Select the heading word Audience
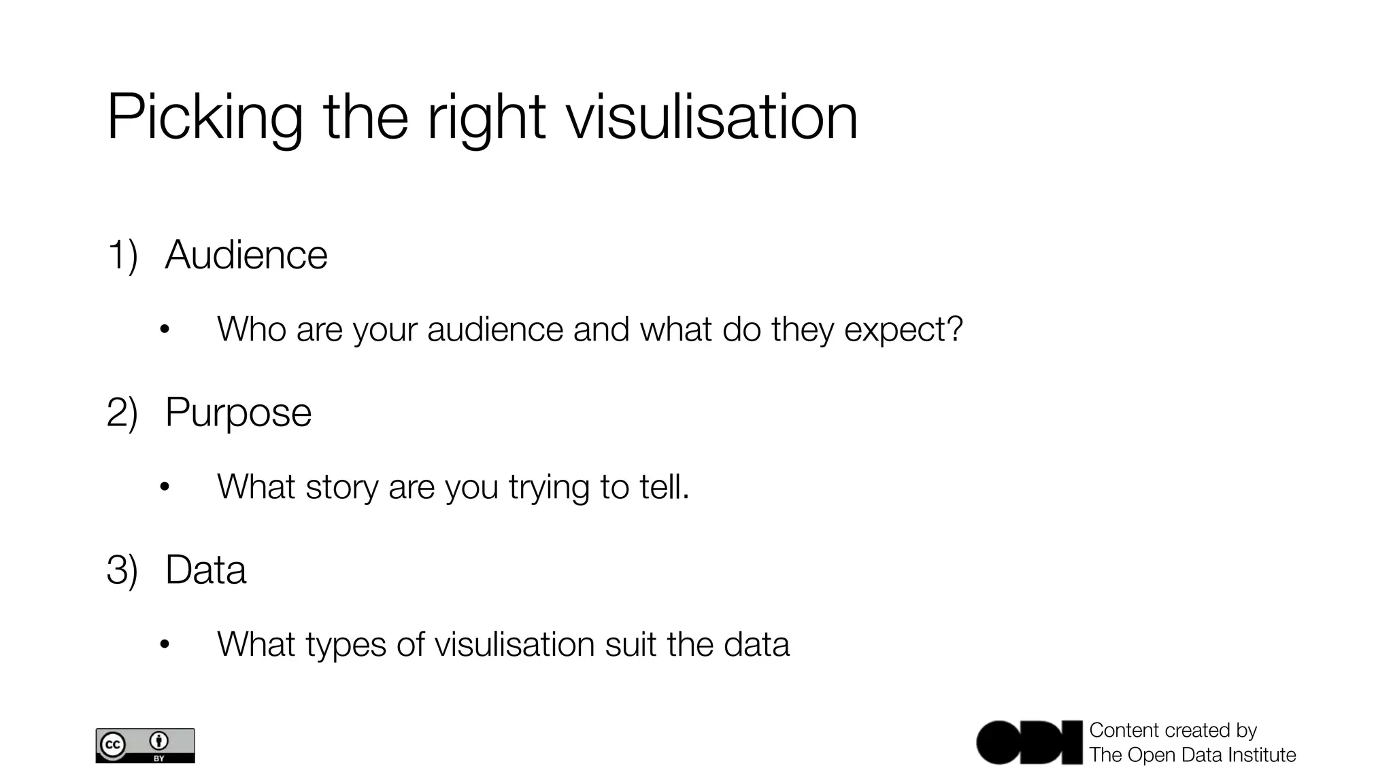[x=246, y=255]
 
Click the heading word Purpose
[x=238, y=413]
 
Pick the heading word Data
[x=205, y=570]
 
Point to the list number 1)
[x=122, y=256]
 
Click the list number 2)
[x=122, y=413]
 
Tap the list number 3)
[x=122, y=570]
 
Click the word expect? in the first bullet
[x=903, y=330]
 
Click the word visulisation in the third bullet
[x=514, y=644]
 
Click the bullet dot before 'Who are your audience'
[x=164, y=330]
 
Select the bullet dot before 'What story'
[x=164, y=487]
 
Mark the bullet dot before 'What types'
[x=164, y=644]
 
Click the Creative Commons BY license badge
[x=145, y=746]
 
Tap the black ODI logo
[x=1029, y=742]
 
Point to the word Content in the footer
[x=1124, y=730]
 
